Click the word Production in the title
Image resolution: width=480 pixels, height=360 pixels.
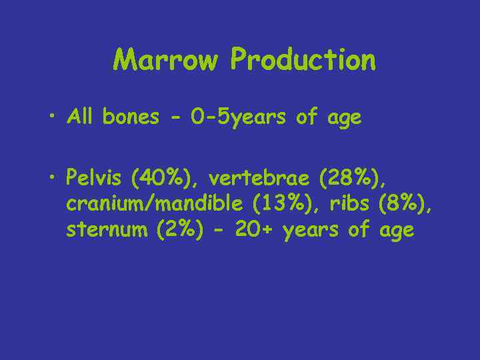[303, 60]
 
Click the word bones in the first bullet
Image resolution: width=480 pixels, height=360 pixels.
[131, 117]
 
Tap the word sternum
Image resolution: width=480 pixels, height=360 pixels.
[108, 231]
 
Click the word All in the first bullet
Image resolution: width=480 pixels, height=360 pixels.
[81, 117]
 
